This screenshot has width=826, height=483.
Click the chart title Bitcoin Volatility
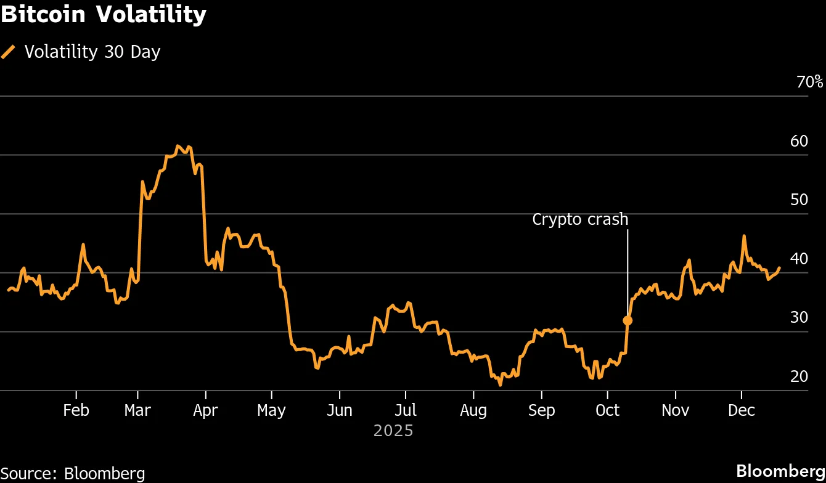(x=103, y=15)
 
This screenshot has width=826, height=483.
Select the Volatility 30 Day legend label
(x=92, y=52)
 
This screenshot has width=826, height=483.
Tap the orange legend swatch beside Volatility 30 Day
(x=9, y=52)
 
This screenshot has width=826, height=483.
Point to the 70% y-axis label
(x=809, y=82)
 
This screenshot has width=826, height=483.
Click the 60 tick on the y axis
(x=799, y=141)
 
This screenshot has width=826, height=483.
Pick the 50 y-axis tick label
(x=799, y=200)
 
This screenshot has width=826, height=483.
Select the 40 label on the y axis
(x=799, y=259)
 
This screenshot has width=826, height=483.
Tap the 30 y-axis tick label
(x=799, y=317)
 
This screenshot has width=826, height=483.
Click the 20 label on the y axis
(x=799, y=376)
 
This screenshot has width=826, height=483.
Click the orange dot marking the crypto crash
(x=628, y=320)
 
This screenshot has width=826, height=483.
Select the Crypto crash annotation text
(x=580, y=219)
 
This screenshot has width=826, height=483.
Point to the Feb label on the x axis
(x=76, y=410)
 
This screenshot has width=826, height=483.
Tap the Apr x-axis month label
(x=205, y=410)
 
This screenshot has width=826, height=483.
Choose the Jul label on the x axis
(x=405, y=410)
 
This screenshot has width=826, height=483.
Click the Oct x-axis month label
(x=608, y=410)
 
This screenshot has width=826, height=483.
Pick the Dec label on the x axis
(x=741, y=410)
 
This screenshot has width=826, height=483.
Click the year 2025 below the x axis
(x=393, y=431)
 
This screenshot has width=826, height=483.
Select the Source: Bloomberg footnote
(x=73, y=473)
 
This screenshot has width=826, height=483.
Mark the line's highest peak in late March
(x=178, y=146)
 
